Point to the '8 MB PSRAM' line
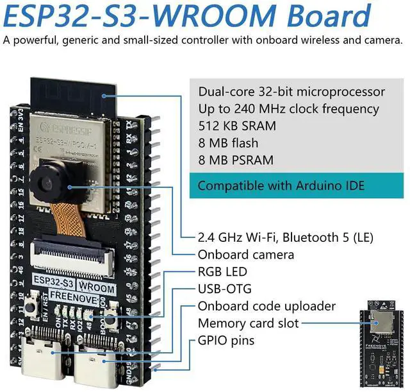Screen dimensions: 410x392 tap(236, 160)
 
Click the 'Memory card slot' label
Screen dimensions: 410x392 tap(248, 323)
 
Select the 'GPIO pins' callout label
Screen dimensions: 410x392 tap(225, 341)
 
